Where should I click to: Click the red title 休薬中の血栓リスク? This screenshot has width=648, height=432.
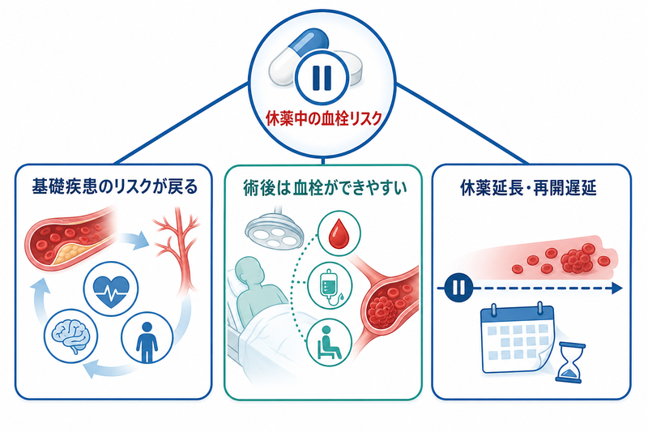(x=323, y=118)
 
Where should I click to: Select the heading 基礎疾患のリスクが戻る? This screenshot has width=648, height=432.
(x=114, y=187)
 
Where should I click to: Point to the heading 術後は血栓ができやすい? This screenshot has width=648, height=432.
(x=324, y=188)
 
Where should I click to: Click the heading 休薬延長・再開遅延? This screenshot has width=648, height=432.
(x=528, y=188)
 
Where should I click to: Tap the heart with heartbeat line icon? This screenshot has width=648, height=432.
(x=112, y=288)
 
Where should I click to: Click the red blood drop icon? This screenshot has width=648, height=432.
(x=339, y=234)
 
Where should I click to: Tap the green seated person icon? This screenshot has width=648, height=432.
(x=329, y=343)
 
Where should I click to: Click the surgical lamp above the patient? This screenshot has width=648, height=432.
(x=275, y=229)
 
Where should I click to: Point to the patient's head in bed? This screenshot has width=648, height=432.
(x=250, y=272)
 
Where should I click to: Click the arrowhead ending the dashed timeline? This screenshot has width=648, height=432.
(x=616, y=289)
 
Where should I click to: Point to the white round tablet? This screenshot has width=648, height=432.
(x=349, y=68)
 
